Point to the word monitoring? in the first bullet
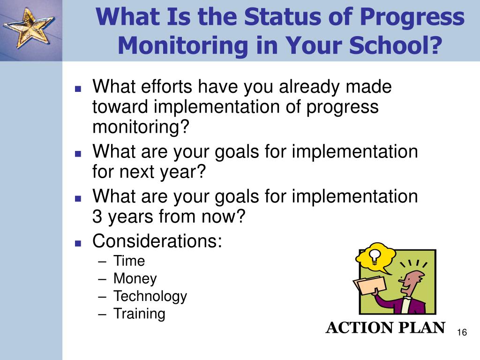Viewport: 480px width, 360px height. coord(141,127)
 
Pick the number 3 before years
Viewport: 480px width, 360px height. coord(97,217)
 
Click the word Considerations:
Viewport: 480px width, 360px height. coord(157,241)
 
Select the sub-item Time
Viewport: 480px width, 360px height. coord(129,261)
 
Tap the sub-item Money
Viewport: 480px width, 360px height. coord(135,278)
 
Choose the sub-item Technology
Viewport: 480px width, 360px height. coord(150,296)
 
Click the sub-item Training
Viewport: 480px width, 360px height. coord(139,314)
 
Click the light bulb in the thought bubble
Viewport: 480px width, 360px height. coord(375,256)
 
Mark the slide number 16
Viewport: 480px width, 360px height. coord(462,332)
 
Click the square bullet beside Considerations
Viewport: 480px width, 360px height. coord(78,244)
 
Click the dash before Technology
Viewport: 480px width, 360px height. coord(103,297)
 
